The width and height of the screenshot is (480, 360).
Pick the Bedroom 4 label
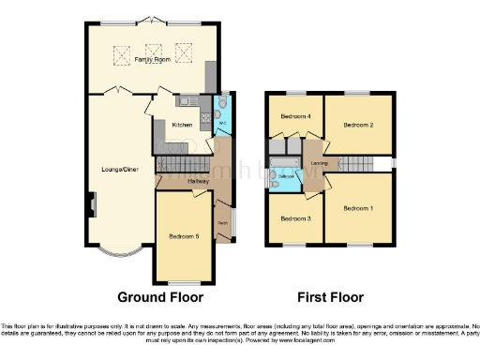295,116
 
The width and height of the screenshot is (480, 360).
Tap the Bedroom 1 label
358,207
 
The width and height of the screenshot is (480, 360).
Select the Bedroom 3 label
295,219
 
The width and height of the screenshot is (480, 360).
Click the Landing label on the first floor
319,165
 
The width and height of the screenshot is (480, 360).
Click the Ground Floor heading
160,297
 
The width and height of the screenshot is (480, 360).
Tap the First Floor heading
330,297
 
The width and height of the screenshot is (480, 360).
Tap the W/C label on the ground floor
224,123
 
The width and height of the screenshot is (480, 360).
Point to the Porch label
224,222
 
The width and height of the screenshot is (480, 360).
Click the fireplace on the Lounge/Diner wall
92,202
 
